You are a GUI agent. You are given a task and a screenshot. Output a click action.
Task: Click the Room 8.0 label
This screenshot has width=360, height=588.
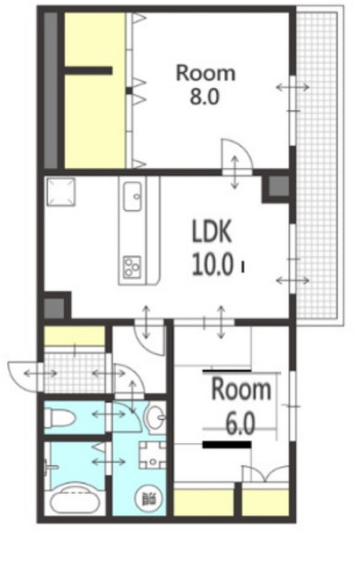click(x=206, y=84)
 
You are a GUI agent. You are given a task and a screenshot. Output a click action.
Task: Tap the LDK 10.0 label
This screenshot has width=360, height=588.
click(x=212, y=248)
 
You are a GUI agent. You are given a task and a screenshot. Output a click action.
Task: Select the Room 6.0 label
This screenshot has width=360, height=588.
click(x=241, y=407)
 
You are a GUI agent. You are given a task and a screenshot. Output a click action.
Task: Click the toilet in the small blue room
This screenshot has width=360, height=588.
click(x=60, y=418)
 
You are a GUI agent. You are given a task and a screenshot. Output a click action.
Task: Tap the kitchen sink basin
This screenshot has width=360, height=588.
click(x=133, y=196)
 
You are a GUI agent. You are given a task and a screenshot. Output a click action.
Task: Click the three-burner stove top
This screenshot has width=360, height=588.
click(x=132, y=266)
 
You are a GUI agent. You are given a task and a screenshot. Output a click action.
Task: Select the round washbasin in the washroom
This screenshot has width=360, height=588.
click(x=155, y=417)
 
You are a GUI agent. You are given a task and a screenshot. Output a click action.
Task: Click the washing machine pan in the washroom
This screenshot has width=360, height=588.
click(x=153, y=455)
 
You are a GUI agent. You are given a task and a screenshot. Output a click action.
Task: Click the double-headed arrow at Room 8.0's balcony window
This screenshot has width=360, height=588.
click(x=293, y=87)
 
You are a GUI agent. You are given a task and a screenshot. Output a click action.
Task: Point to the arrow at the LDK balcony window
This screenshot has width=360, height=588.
click(x=293, y=280)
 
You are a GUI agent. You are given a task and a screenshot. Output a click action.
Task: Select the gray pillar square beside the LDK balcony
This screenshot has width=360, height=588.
click(x=279, y=186)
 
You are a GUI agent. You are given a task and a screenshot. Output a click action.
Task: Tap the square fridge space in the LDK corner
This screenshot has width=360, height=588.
click(x=60, y=191)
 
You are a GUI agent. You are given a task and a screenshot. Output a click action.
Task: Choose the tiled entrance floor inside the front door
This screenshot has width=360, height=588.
click(x=75, y=372)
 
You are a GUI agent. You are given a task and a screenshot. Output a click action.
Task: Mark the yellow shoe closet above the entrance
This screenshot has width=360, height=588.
click(x=75, y=335)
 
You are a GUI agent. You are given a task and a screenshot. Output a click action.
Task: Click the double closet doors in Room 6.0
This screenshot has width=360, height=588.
click(x=265, y=474)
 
